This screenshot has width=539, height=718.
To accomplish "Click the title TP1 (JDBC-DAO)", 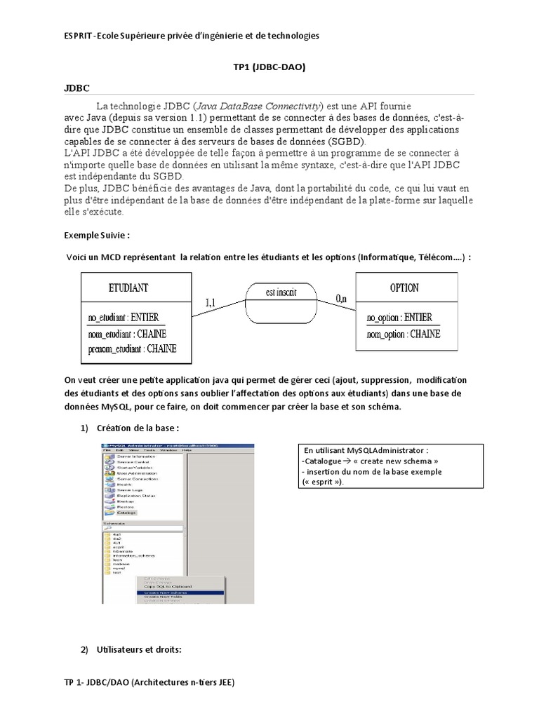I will [x=269, y=67].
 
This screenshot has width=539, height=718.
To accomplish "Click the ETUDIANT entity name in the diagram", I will [x=128, y=287].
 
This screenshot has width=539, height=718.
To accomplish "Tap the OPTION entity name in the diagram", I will [x=404, y=287].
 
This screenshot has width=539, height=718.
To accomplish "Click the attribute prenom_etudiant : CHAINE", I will [x=132, y=348].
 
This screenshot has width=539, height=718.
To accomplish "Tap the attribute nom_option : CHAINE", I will [x=404, y=334].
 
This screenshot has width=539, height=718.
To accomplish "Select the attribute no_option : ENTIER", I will [x=399, y=318].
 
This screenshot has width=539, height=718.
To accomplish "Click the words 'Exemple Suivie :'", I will [x=97, y=234].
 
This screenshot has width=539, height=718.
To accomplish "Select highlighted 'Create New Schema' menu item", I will [x=165, y=592].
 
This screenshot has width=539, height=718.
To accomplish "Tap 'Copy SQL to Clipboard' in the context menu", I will [x=168, y=586].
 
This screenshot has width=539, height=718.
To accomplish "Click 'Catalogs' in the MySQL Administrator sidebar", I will [x=126, y=513].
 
